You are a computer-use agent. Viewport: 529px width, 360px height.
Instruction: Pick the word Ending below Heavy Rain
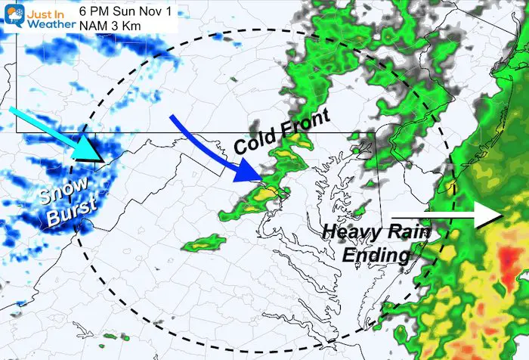pyautogui.click(x=376, y=256)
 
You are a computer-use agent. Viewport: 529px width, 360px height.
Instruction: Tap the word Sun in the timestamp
pyautogui.click(x=134, y=9)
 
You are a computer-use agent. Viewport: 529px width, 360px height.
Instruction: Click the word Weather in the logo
pyautogui.click(x=50, y=23)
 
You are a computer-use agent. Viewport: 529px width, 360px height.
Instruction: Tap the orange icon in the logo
pyautogui.click(x=12, y=17)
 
